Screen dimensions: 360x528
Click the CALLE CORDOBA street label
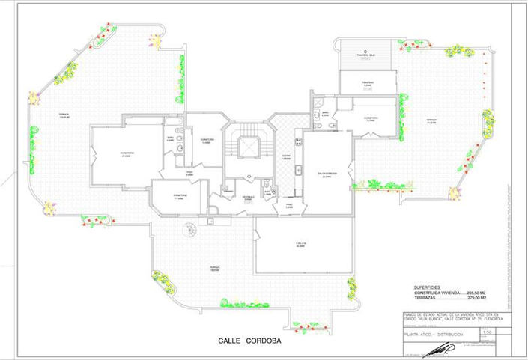[x=249, y=340]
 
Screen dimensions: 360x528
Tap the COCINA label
[x=285, y=156]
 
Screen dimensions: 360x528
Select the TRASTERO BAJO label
[x=366, y=56]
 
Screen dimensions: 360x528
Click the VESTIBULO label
[x=248, y=198]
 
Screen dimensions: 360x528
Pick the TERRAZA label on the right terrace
[x=431, y=120]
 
